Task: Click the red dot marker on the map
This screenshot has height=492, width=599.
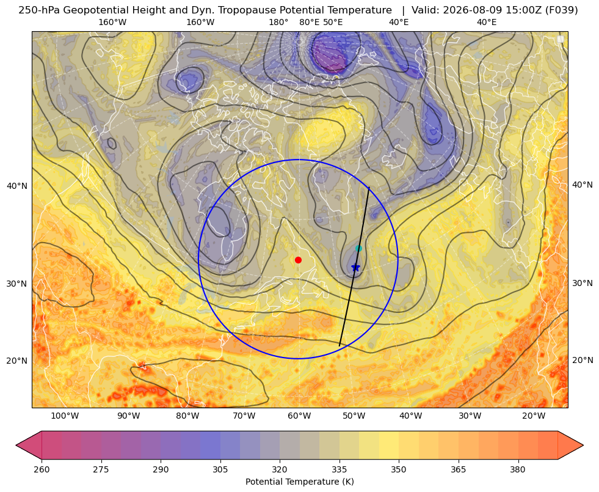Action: tap(299, 260)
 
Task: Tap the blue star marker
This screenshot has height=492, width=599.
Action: tap(355, 268)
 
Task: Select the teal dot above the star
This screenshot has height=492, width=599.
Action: tap(358, 249)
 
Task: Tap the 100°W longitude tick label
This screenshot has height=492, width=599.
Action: tap(65, 416)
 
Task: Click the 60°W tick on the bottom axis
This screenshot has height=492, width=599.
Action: tap(299, 416)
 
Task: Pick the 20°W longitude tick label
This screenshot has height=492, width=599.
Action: tap(534, 416)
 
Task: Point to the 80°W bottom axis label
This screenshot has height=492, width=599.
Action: tap(187, 416)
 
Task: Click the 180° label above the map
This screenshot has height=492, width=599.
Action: tap(278, 22)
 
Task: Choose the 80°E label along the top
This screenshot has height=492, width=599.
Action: tap(310, 22)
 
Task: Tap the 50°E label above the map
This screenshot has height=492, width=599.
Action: tap(333, 22)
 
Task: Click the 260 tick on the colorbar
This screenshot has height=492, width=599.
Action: tap(42, 469)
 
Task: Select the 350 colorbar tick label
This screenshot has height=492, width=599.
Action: tap(399, 469)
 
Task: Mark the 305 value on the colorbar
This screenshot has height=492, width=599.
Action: tap(220, 469)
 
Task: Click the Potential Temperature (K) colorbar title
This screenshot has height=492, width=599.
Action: tap(299, 482)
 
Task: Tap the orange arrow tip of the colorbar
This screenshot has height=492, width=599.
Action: tap(583, 445)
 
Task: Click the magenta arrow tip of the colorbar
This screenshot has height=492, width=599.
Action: tap(16, 445)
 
